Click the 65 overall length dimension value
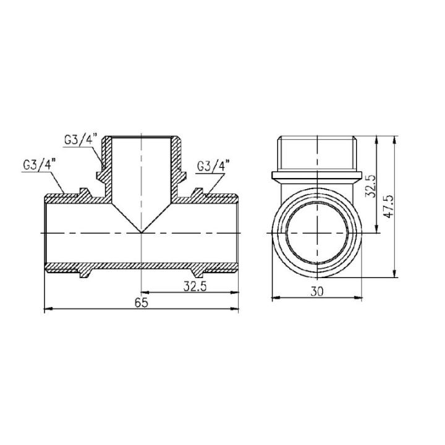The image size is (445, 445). click(x=142, y=302)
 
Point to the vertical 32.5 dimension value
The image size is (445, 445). click(x=370, y=184)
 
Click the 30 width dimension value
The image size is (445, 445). click(x=317, y=292)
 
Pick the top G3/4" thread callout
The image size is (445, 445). click(x=80, y=139)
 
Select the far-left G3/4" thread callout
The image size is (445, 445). click(x=38, y=165)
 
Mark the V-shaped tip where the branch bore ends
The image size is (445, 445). click(x=142, y=232)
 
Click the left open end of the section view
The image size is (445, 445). click(x=44, y=232)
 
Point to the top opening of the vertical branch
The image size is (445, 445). click(x=142, y=137)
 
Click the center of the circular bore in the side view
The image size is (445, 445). click(x=316, y=232)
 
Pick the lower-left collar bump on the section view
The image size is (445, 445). click(x=86, y=273)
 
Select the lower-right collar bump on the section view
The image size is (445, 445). click(x=198, y=273)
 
